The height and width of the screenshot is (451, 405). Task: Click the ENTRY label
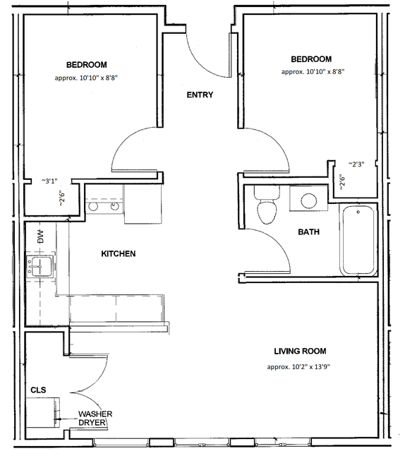click(x=200, y=95)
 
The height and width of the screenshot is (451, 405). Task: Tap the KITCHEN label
click(x=119, y=253)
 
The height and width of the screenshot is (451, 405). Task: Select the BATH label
click(x=309, y=231)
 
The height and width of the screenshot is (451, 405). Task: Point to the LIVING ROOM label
click(x=300, y=351)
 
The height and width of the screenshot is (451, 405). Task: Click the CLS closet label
click(x=38, y=390)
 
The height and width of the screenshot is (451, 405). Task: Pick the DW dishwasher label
click(x=41, y=236)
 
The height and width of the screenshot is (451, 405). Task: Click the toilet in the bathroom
click(x=267, y=205)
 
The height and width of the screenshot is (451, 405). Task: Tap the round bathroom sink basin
click(x=309, y=200)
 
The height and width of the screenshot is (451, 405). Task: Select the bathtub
click(x=358, y=239)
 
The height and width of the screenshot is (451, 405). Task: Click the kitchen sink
click(x=40, y=267)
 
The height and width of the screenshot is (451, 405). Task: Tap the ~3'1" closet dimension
click(x=49, y=181)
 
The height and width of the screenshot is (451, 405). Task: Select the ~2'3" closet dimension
click(x=356, y=164)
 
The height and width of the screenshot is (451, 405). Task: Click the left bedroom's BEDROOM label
click(x=87, y=65)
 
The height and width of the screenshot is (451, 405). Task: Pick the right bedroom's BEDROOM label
click(x=311, y=59)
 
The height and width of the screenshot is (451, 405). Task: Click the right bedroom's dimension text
click(x=313, y=71)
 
